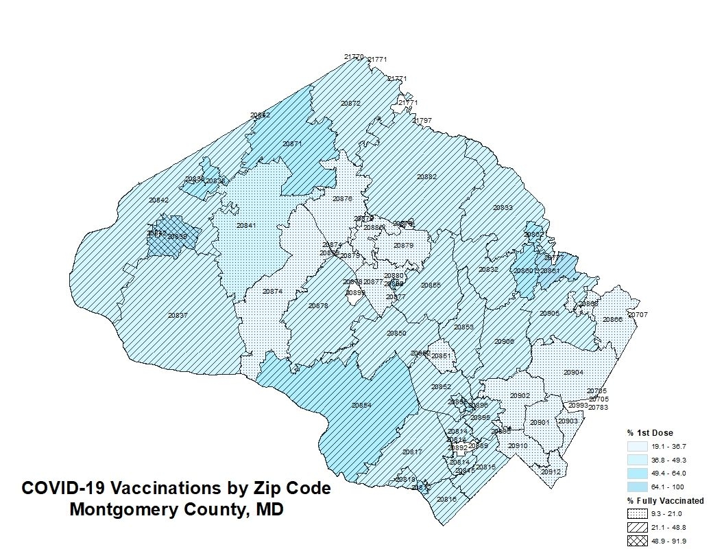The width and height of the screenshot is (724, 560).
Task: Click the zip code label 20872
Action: [350, 103]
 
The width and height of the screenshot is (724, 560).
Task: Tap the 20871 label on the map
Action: [292, 144]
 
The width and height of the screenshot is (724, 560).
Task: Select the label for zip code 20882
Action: [426, 177]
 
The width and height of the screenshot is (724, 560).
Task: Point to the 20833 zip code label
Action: [503, 207]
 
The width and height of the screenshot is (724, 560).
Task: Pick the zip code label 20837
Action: [178, 316]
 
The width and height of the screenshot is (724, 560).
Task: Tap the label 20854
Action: [361, 406]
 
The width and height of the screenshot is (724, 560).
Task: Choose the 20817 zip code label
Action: [412, 452]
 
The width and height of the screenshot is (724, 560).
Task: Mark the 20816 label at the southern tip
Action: [446, 499]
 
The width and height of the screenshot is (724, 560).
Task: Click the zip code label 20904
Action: [573, 372]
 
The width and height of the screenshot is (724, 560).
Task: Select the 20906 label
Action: [504, 341]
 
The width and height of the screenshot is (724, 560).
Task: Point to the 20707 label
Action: [638, 315]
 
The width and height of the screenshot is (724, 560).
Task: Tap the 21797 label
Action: [422, 121]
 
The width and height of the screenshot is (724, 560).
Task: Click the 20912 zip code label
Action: [551, 472]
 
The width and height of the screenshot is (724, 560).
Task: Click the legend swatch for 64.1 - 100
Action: [637, 487]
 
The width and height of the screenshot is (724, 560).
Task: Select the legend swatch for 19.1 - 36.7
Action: [637, 446]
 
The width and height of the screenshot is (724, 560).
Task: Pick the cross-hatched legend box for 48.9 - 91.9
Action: [637, 541]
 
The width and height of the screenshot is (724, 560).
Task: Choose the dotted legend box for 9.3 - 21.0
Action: [637, 514]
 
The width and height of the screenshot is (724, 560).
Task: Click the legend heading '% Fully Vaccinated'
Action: [665, 501]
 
